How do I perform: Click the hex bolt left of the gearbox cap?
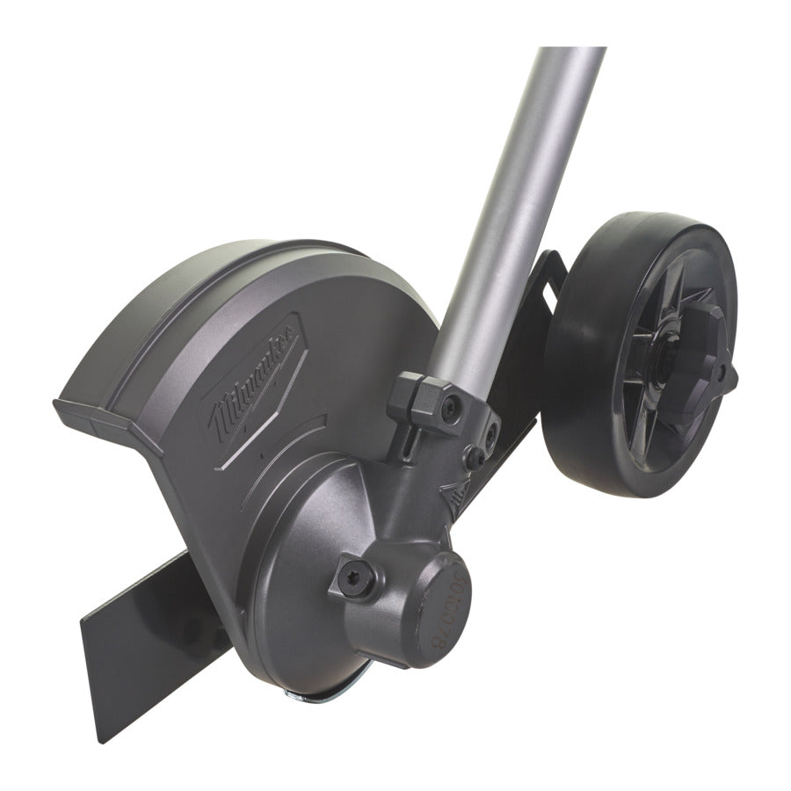coord(359,578)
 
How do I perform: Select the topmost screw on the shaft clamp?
coord(451,405)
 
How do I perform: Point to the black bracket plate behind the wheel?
coord(527,369)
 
